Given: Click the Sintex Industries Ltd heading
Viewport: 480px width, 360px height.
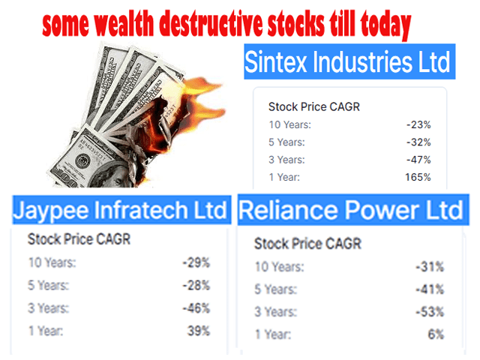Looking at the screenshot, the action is (347, 62).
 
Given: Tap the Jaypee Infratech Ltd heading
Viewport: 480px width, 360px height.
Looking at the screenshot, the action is (120, 210).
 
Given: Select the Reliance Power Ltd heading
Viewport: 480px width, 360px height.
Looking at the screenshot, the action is (351, 210).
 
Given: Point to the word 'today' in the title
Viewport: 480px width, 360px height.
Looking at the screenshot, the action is (385, 25).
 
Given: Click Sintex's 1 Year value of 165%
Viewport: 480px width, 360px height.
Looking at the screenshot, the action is (418, 177).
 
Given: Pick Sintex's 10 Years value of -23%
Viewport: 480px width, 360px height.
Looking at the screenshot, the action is (418, 125).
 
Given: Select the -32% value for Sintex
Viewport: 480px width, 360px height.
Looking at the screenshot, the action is (418, 142).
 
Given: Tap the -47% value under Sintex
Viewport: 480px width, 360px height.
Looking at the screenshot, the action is (418, 160).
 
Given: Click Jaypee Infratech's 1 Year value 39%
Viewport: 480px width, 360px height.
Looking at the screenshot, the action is (199, 331).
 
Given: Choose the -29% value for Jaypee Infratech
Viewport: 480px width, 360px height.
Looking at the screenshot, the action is (196, 262).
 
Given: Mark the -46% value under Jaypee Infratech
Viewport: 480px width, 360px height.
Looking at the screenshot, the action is (196, 308).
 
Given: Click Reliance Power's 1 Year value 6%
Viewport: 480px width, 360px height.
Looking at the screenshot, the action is (436, 334).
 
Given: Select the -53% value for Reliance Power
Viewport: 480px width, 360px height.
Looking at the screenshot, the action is (430, 312).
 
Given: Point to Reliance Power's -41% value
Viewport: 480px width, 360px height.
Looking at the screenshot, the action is (430, 289).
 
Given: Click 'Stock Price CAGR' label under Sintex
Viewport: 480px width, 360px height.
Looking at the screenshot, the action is (314, 106).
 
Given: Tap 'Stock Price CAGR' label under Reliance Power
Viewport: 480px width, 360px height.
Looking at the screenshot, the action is (308, 244).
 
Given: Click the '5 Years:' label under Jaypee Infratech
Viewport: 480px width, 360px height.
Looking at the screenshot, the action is (49, 285).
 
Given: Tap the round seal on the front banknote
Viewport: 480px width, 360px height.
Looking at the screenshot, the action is (82, 160).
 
